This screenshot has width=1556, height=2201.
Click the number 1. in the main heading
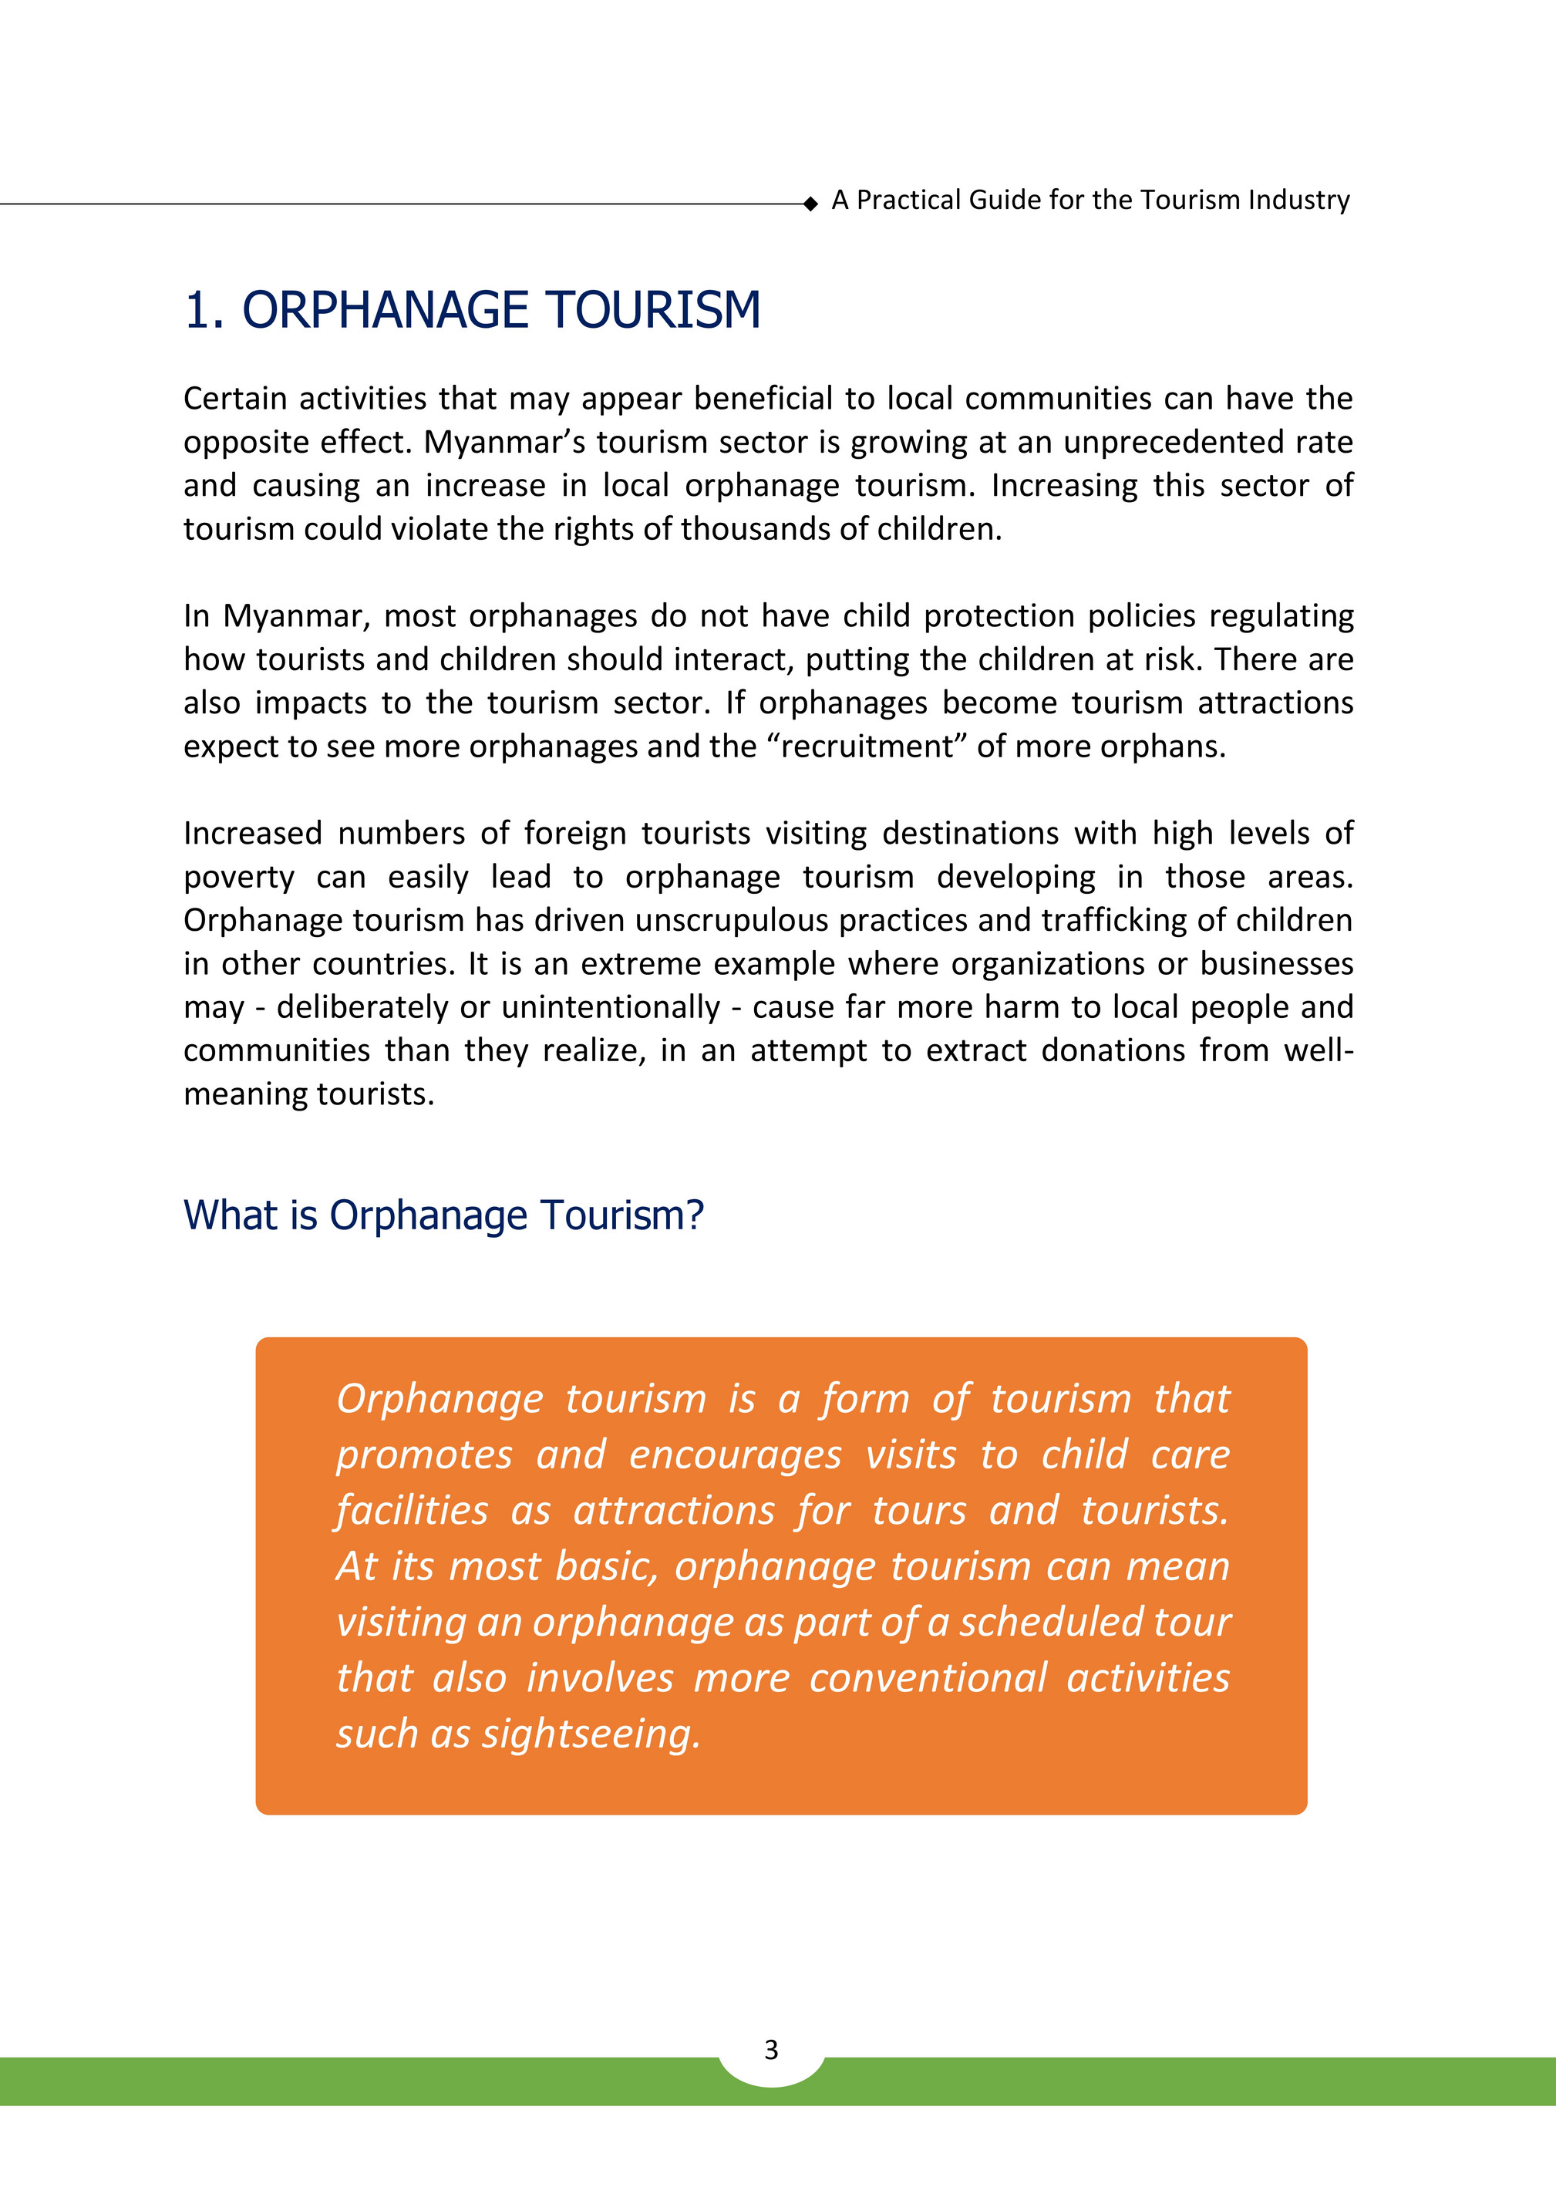pos(204,311)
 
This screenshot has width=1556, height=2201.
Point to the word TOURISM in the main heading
pos(654,311)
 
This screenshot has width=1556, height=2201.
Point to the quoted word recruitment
pos(871,746)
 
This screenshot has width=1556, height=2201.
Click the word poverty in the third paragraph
pos(239,877)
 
